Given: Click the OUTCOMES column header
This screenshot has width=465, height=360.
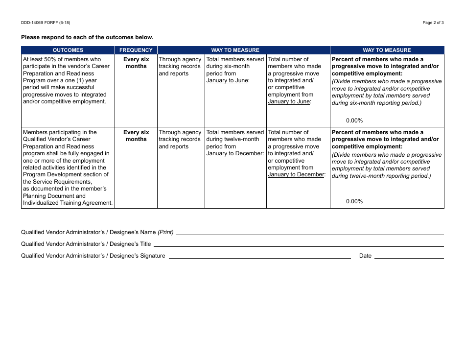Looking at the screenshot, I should pos(68,50).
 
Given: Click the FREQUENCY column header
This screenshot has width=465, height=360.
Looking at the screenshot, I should pos(136,50).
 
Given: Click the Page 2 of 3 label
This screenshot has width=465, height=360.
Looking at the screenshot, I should pos(433,23).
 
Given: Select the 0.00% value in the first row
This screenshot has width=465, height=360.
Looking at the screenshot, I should pos(354,120).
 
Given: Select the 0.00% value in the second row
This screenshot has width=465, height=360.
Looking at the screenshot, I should pos(354,201).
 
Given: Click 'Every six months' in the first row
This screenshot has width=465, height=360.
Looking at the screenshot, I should pos(136,63).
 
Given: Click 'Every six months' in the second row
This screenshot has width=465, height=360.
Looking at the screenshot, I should pos(136,136).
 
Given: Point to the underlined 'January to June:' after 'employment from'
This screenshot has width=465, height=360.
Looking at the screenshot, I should pos(289,101).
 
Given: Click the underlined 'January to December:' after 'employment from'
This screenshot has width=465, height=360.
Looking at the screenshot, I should pos(296,174).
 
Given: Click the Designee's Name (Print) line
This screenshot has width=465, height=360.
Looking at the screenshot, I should pos(309,234).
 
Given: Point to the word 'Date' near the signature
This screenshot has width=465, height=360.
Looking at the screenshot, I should pos(365,256).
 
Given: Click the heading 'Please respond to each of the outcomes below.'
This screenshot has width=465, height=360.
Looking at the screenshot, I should pos(87,37).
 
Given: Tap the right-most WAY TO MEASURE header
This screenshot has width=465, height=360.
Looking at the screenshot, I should pos(387,50).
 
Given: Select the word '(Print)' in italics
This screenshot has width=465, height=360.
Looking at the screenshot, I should pos(165,232).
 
